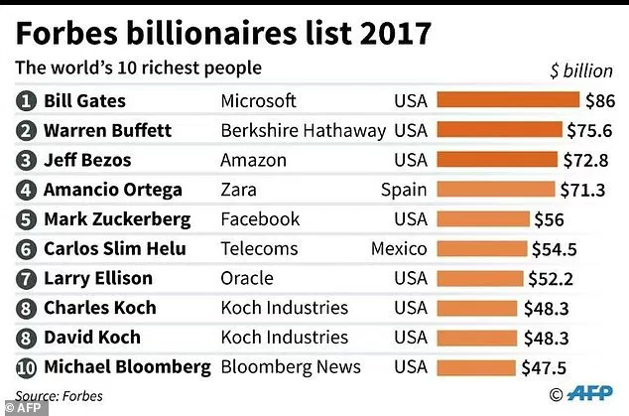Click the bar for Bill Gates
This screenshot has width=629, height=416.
(x=508, y=101)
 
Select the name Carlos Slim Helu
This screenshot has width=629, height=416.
(x=115, y=249)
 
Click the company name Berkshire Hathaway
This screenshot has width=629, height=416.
(x=303, y=131)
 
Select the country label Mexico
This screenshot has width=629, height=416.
(x=399, y=249)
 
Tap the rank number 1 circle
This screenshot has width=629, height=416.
(x=27, y=101)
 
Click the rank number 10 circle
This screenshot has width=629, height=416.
(x=27, y=367)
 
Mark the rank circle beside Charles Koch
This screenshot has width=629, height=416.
(x=27, y=308)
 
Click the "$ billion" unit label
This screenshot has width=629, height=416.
(x=581, y=71)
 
